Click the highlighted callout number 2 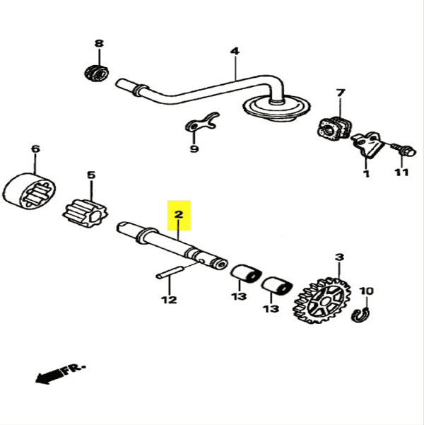click(179, 213)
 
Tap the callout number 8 click(99, 44)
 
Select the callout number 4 click(235, 51)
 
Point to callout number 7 click(340, 93)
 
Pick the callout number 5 click(90, 175)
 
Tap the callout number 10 click(367, 291)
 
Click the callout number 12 click(168, 299)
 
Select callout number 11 click(401, 173)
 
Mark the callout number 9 click(194, 149)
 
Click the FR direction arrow click(59, 373)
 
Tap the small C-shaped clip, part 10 click(360, 314)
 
